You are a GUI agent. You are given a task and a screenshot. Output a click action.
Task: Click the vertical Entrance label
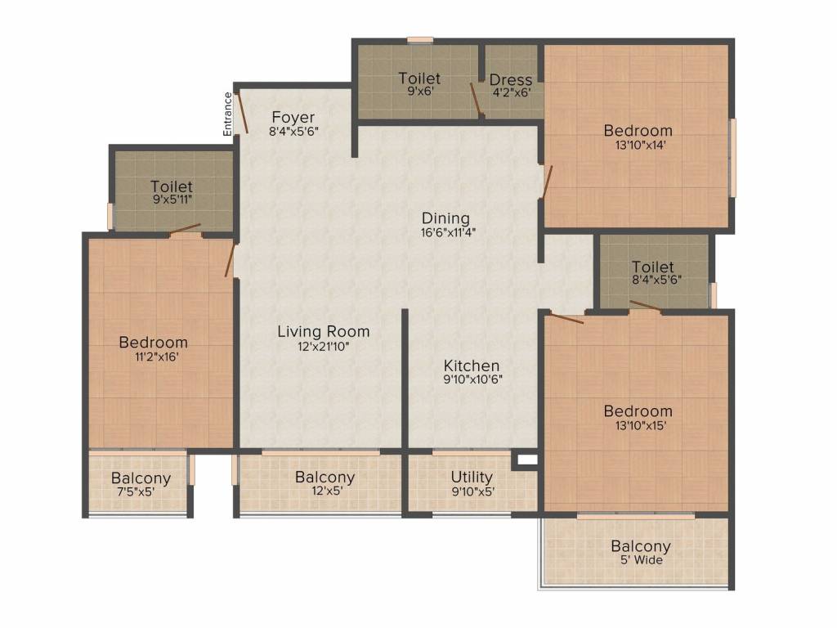point(228,114)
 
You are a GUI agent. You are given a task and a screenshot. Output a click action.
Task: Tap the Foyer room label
point(293,117)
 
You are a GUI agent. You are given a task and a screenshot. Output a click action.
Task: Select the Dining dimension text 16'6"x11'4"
point(445,232)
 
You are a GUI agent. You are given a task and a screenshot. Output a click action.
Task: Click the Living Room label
point(323,331)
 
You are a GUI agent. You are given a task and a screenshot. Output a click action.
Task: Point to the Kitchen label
point(472,365)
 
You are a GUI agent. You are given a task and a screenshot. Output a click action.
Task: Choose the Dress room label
point(511,79)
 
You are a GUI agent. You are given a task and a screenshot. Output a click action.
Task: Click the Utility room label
point(472,477)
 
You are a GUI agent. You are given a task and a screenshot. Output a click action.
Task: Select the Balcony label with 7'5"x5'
point(141,478)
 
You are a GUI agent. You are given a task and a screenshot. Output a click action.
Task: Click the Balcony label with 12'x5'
point(325,477)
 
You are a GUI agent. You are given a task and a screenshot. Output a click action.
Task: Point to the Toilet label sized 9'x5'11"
point(172,186)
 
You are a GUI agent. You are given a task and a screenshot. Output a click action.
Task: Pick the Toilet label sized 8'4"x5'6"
point(653,267)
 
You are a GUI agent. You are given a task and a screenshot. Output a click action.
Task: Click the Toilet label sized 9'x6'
point(419,78)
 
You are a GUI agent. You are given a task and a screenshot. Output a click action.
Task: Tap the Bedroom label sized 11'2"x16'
point(153,342)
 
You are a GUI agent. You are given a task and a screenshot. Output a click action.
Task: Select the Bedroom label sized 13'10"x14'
point(638,130)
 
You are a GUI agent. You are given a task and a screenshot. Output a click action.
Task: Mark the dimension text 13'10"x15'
point(638,426)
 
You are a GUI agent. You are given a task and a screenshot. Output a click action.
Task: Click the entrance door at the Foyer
point(242,112)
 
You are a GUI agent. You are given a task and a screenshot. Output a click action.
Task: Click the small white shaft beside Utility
point(527,460)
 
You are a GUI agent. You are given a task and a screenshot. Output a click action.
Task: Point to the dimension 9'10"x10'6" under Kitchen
point(472,379)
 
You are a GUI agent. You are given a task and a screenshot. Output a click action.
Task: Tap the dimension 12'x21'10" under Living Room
point(323,346)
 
